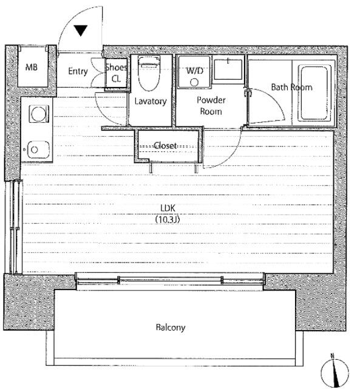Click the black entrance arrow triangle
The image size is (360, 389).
[81, 30]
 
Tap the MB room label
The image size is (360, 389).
[32, 67]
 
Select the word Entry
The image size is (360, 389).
[78, 72]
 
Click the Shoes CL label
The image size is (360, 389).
[116, 73]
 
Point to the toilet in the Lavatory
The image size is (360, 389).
[149, 74]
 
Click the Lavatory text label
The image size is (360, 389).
[151, 102]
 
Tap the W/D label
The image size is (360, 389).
[195, 71]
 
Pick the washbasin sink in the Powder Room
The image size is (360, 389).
[228, 69]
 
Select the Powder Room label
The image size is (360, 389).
[211, 106]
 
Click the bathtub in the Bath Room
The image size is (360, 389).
[314, 93]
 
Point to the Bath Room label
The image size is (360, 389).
[291, 87]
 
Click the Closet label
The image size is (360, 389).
[165, 145]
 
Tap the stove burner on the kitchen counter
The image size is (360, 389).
[39, 114]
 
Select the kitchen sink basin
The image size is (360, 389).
[38, 150]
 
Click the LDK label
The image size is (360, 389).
[168, 208]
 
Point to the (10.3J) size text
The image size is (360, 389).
[168, 219]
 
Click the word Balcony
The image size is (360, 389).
[171, 327]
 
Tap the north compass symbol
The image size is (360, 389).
[335, 372]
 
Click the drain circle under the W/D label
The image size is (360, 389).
[194, 83]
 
